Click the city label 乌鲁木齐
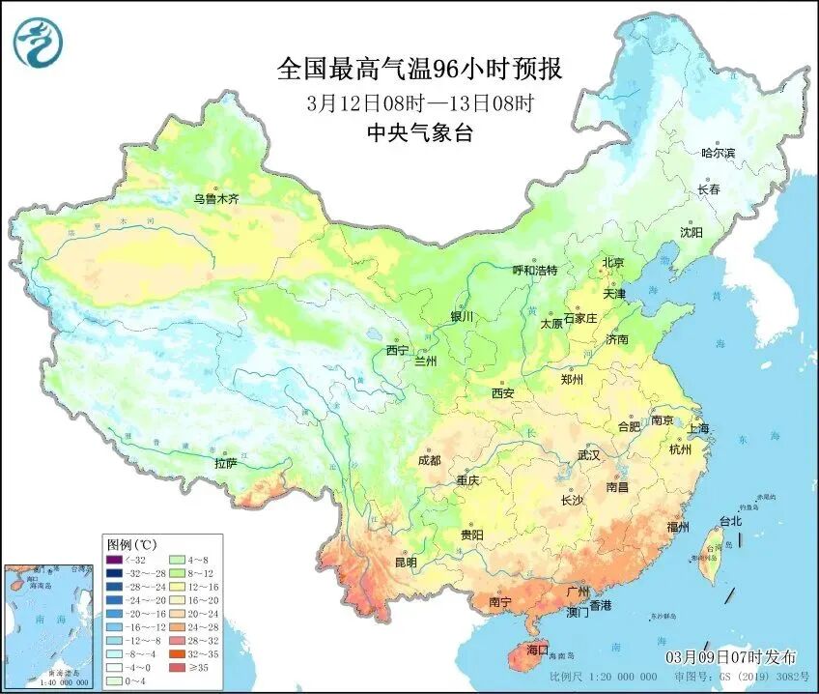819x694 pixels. tap(215, 199)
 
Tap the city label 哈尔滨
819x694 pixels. tap(718, 153)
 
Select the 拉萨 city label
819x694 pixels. tap(225, 463)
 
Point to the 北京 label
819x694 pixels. tap(613, 263)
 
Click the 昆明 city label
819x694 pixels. tap(406, 563)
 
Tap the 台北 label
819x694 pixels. tap(729, 521)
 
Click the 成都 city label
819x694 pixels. tap(431, 460)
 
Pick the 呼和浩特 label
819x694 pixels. tap(534, 271)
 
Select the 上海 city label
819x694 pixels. tap(697, 428)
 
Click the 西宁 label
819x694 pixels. tap(398, 350)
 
